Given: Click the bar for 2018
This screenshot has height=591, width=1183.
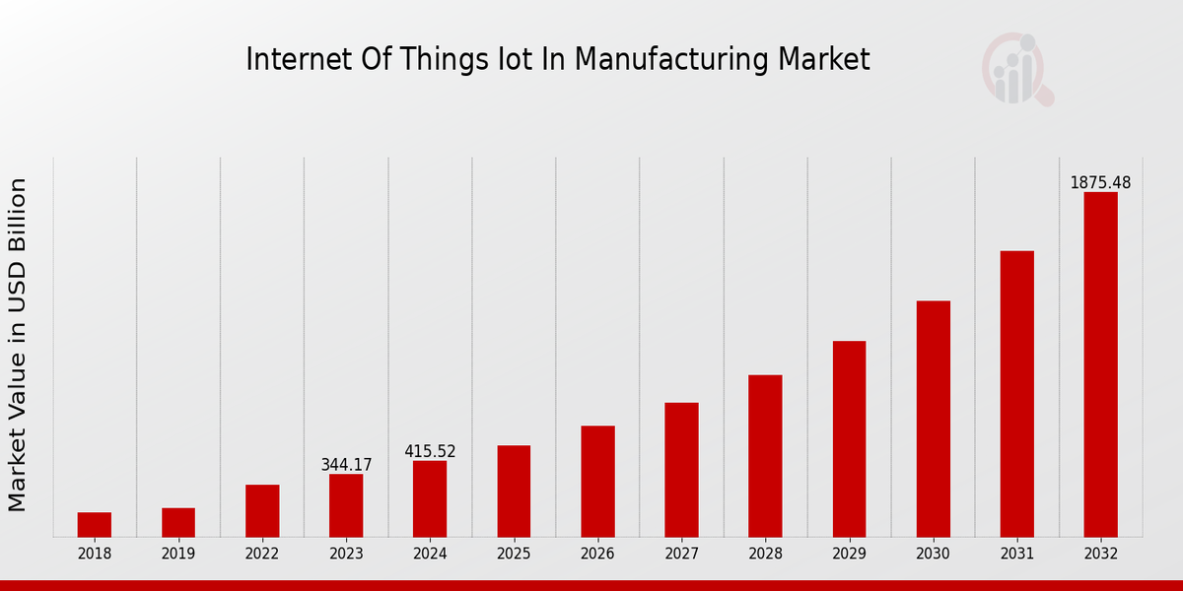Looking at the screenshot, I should pos(95,524).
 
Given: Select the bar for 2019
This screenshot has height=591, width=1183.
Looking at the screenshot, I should pos(178,522).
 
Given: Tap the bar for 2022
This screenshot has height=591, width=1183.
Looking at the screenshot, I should pos(262,510).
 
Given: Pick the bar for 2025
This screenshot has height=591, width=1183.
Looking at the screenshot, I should pos(514,491).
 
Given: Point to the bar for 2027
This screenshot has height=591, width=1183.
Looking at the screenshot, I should pos(681,469).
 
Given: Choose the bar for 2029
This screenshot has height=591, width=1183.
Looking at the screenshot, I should pos(849,438).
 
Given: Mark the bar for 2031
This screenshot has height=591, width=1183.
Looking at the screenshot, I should pos(1016,393).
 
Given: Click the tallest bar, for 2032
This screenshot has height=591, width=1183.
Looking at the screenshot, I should pos(1100,364).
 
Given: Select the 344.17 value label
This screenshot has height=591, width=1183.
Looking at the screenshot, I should pos(346,465).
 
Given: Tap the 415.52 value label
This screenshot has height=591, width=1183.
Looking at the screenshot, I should pos(430,451).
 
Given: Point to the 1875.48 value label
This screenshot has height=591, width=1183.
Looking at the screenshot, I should pos(1100,183).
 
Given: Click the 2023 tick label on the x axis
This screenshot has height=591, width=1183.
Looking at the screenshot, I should pos(346,555).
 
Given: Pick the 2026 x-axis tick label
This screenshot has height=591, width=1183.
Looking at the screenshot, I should pos(597,555).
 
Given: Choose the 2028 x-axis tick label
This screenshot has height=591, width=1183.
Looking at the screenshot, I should pos(765,555).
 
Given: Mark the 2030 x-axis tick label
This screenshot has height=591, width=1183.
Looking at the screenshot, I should pos(933,555).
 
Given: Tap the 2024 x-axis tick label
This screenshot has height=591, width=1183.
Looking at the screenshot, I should pos(430,555).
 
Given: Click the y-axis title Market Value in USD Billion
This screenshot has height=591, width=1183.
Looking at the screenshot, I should pos(18,345).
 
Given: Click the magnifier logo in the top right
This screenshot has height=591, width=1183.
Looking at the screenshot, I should pos(1017,69).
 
